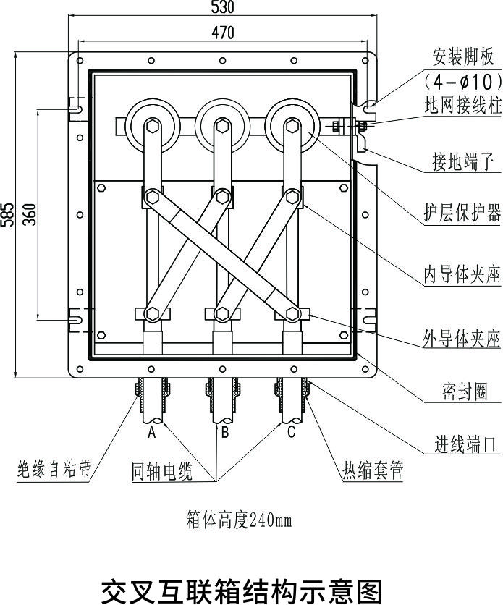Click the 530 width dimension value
224,7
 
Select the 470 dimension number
224,33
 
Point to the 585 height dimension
8,214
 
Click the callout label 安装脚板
462,56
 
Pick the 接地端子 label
462,163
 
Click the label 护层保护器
462,213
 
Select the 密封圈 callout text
464,392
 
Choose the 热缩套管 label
373,472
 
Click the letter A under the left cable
152,433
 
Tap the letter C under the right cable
292,433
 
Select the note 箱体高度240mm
239,521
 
